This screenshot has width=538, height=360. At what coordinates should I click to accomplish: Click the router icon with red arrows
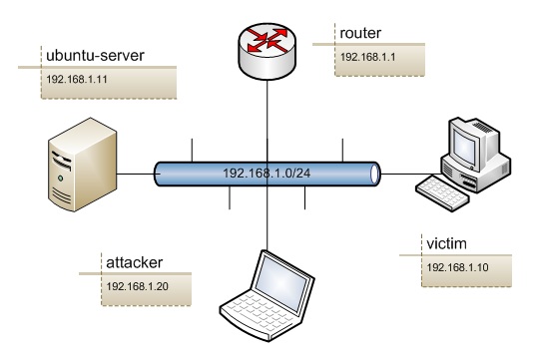(268, 40)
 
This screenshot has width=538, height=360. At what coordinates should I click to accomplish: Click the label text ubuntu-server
(94, 54)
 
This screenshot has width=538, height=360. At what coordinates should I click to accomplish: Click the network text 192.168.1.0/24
(268, 176)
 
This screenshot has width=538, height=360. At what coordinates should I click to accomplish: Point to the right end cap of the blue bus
(375, 176)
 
